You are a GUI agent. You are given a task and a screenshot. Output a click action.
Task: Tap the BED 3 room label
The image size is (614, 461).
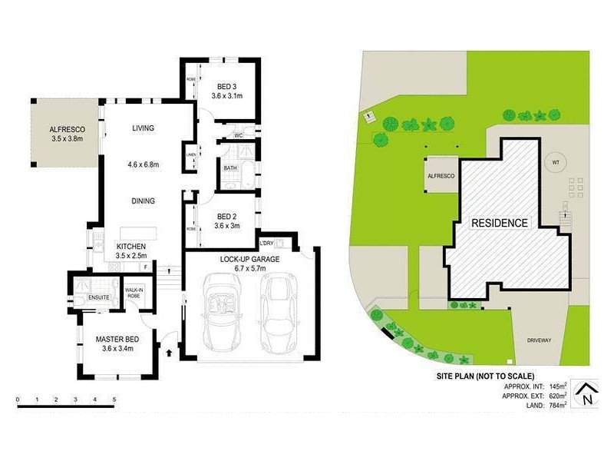(x=226, y=85)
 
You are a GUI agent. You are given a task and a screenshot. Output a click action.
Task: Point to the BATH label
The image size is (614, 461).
(x=230, y=167)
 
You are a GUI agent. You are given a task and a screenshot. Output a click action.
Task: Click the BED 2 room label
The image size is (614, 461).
(x=226, y=216)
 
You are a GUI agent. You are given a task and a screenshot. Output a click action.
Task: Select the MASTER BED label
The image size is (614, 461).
(x=117, y=339)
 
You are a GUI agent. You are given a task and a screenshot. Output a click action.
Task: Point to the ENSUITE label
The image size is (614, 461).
(x=100, y=297)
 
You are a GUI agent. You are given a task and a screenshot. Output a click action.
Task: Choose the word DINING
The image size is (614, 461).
(x=142, y=201)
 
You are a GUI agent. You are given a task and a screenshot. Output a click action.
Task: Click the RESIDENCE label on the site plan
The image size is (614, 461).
(x=500, y=224)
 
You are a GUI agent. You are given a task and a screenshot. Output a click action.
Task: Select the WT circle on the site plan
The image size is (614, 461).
(x=555, y=163)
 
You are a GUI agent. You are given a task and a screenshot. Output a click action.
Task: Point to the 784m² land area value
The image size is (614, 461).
(x=556, y=406)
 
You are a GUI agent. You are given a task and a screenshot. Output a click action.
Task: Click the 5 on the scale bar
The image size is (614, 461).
(x=114, y=400)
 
